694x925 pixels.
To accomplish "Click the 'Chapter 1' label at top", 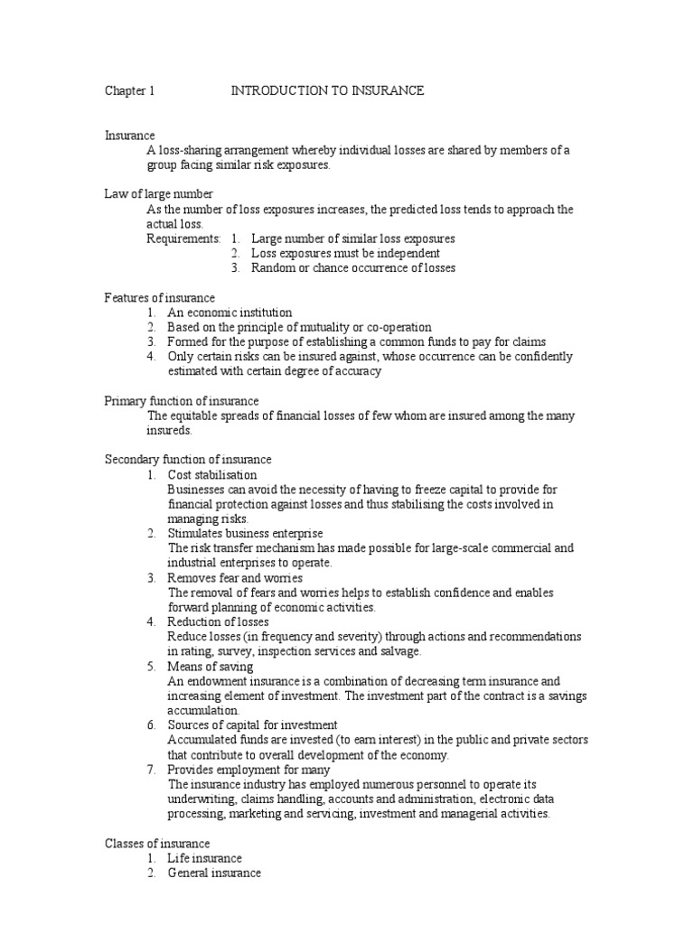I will point(130,91).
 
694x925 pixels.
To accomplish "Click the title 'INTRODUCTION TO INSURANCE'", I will point(327,91).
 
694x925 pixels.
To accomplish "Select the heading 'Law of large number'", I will point(159,194).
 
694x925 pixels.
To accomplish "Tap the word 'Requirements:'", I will point(183,238).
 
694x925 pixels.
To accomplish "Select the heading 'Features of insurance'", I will point(160,297).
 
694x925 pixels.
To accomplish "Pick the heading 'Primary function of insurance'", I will point(182,400).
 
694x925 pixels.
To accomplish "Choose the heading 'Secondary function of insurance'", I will point(188,460).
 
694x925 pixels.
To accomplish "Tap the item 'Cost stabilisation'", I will point(212,474).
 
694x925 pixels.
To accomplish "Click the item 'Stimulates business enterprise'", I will point(245,534).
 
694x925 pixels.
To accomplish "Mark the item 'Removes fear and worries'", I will point(235,577).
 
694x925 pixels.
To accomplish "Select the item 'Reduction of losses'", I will point(219,621).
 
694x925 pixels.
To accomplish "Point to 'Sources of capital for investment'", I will point(252,725).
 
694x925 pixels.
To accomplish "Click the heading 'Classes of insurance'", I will point(157,844).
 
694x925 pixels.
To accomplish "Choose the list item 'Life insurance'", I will point(205,858).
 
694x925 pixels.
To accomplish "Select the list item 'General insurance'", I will point(214,874).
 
